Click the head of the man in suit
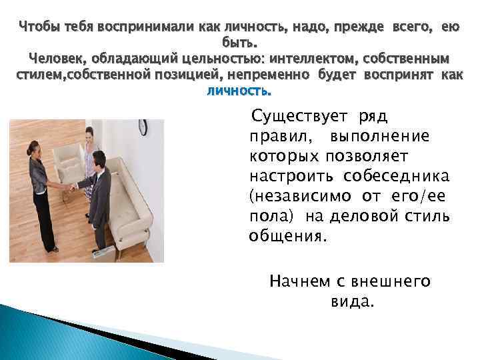[x=97, y=159]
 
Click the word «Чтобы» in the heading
[x=39, y=27]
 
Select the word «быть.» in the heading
[x=239, y=43]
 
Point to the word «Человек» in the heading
[x=57, y=58]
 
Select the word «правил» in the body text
[x=273, y=136]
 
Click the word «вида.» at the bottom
[x=353, y=301]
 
